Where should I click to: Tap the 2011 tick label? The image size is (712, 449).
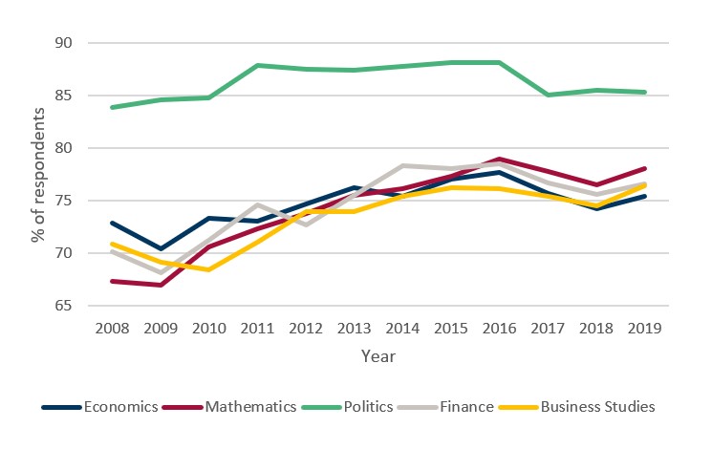258,328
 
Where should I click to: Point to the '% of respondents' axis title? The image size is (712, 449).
38,174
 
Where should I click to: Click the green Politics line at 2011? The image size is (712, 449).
258,65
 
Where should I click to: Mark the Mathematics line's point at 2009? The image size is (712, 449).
160,285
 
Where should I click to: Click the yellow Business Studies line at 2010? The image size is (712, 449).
208,269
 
